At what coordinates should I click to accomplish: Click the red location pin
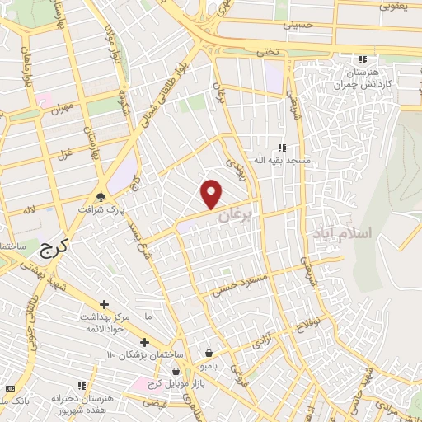[x=213, y=194]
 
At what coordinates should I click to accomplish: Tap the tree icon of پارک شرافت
[x=101, y=195]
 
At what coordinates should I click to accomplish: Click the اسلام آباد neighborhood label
[x=342, y=233]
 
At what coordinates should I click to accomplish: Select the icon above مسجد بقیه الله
[x=283, y=147]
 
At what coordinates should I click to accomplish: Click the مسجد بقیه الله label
[x=284, y=159]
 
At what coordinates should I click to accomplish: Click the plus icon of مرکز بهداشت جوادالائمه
[x=103, y=305]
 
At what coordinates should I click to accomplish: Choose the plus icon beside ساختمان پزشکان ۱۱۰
[x=144, y=342]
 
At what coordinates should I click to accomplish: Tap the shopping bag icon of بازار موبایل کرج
[x=176, y=371]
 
